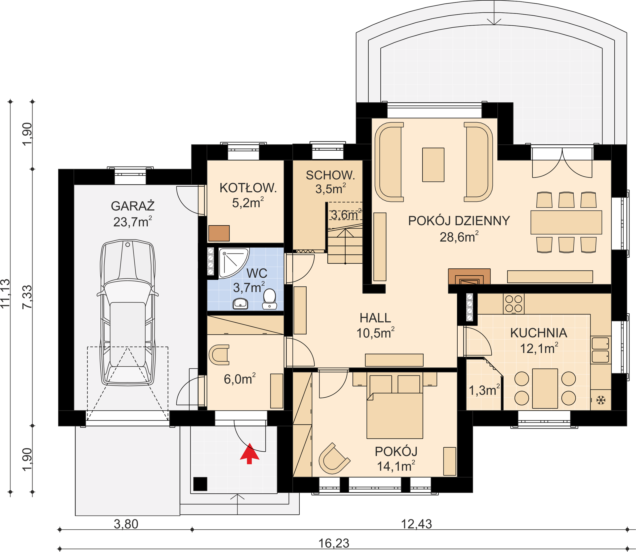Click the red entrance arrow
tap(249, 453)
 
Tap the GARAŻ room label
tap(133, 206)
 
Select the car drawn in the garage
tap(127, 312)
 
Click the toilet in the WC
tap(270, 298)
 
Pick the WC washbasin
tap(241, 303)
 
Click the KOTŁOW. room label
tap(248, 188)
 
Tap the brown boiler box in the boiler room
tap(219, 233)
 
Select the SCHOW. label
tap(330, 175)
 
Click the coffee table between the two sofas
tap(433, 165)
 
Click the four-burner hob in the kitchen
tap(514, 303)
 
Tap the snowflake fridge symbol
tap(601, 400)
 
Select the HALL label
tap(375, 318)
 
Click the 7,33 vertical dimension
tap(27, 297)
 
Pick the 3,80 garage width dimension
tap(126, 524)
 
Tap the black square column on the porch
tap(200, 484)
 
